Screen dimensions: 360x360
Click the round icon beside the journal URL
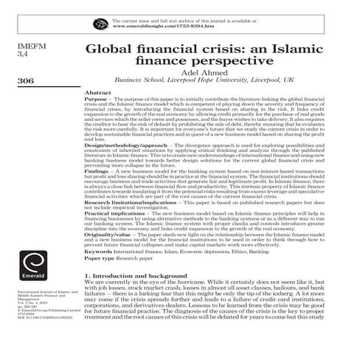click(x=100, y=24)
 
